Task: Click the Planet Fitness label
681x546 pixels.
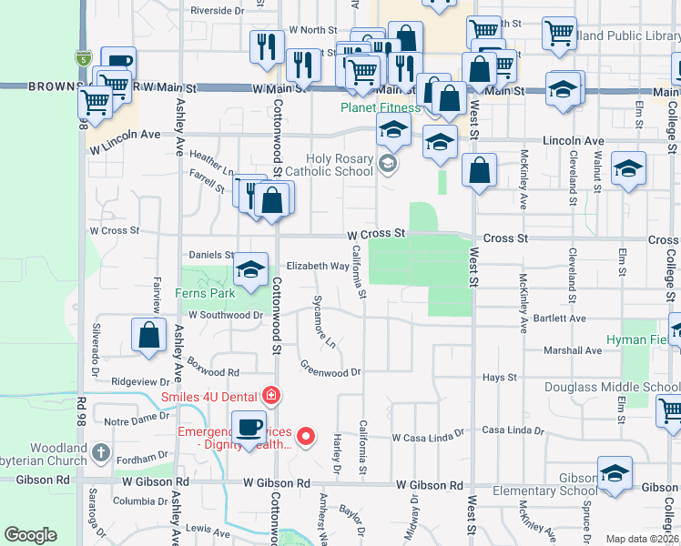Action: click(x=381, y=107)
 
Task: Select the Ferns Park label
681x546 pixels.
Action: click(x=206, y=293)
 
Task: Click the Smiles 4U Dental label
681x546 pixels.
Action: click(x=209, y=397)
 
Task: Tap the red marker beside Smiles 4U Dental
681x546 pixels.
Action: click(x=271, y=396)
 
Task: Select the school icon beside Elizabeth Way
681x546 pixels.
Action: click(x=250, y=269)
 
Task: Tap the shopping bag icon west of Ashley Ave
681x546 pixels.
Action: click(x=148, y=336)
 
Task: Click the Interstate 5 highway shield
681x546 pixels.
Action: click(x=83, y=58)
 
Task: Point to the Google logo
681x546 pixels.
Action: click(x=30, y=535)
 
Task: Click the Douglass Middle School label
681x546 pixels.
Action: click(x=612, y=387)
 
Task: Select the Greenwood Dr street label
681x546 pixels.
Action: click(x=331, y=369)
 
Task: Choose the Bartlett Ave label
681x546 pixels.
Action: click(x=560, y=318)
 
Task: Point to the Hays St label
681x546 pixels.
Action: click(x=500, y=377)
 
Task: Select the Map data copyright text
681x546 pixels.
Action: click(x=642, y=539)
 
